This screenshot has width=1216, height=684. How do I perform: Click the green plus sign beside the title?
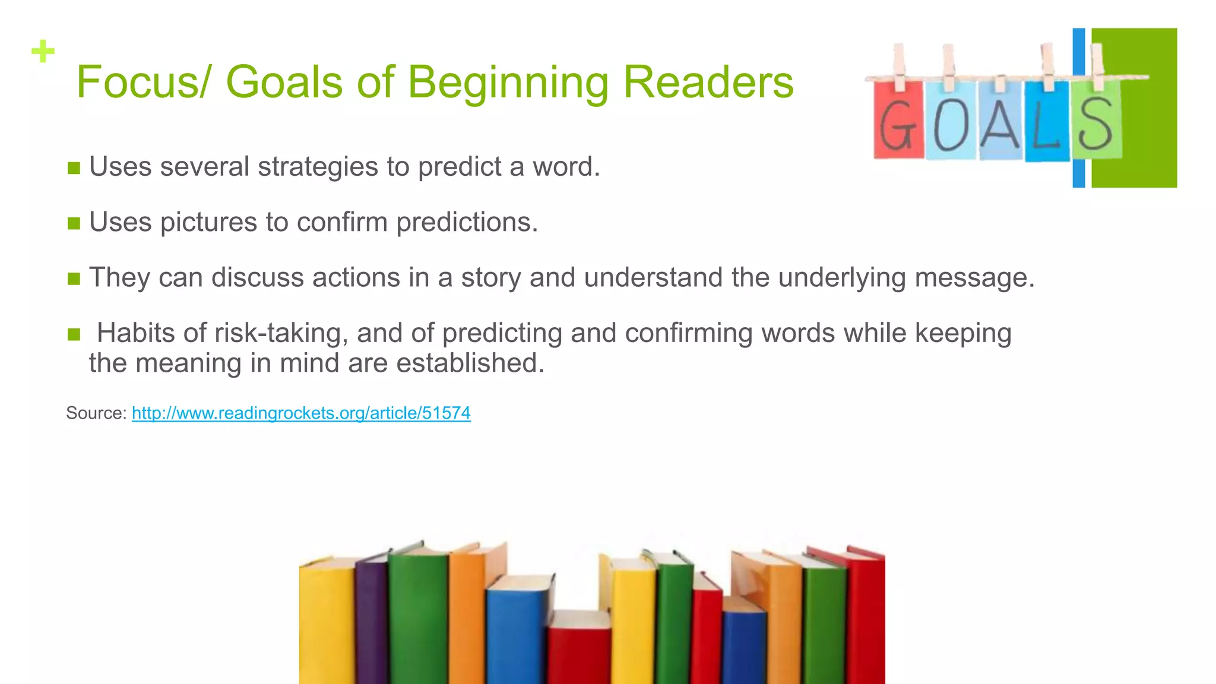(x=43, y=51)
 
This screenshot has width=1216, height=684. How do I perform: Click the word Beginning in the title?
(x=508, y=83)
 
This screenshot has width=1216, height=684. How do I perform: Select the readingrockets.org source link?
(x=301, y=413)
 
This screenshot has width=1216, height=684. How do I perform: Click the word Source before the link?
(x=96, y=413)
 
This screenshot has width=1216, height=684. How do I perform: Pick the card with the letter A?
(x=1001, y=122)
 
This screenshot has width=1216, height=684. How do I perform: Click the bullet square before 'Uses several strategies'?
(x=74, y=168)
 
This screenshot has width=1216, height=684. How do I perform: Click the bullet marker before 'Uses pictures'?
(x=74, y=224)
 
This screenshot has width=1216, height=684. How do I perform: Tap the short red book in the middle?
(x=579, y=647)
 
